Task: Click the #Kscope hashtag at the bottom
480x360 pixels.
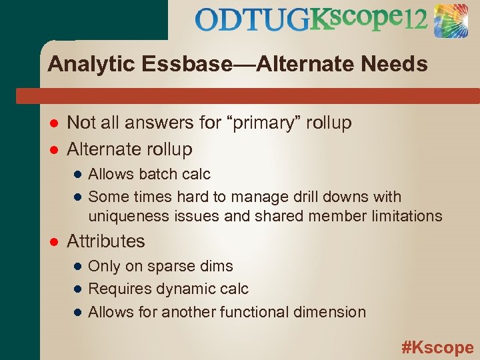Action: (437, 347)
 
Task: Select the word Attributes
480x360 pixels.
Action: (106, 241)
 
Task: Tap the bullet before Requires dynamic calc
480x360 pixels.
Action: (77, 289)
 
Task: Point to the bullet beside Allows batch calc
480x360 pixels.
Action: (77, 175)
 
